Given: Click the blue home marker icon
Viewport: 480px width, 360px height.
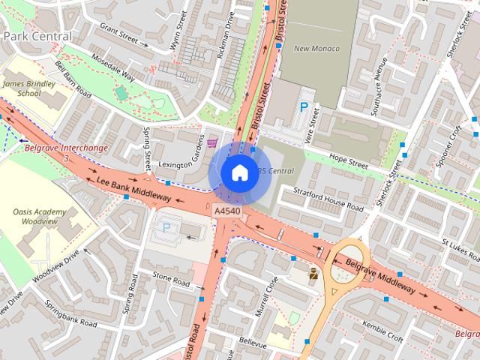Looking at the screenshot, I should click(x=238, y=172).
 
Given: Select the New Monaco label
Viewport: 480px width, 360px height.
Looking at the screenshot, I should click(x=316, y=49).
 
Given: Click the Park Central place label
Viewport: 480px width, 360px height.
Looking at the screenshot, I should click(x=37, y=36).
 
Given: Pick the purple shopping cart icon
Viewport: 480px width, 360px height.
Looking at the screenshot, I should click(x=212, y=142).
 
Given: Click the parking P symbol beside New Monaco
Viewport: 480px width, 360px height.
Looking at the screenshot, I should click(x=304, y=108).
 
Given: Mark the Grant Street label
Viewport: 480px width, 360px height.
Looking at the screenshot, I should click(x=120, y=32).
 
